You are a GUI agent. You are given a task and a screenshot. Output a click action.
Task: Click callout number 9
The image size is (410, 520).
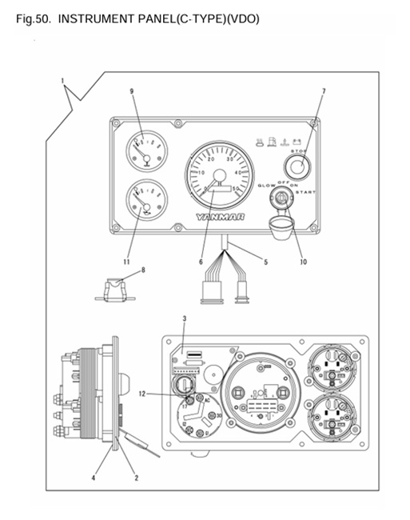point(131,91)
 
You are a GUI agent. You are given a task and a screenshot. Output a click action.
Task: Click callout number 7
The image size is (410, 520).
point(323,91)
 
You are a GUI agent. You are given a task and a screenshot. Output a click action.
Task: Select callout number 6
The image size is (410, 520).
point(201,262)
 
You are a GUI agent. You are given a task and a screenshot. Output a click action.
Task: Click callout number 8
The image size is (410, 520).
point(143,270)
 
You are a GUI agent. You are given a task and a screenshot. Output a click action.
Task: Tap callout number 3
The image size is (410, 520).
point(185,318)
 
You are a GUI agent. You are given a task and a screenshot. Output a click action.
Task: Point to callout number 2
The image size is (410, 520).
point(137,478)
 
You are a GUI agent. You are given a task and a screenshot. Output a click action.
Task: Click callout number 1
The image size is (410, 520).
point(62,80)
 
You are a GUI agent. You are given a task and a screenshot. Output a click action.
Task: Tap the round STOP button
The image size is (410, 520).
point(300,166)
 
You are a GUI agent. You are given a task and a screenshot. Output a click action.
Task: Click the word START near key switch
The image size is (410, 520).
point(306,193)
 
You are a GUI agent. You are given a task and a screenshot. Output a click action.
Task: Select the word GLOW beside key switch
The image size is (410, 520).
point(267,186)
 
